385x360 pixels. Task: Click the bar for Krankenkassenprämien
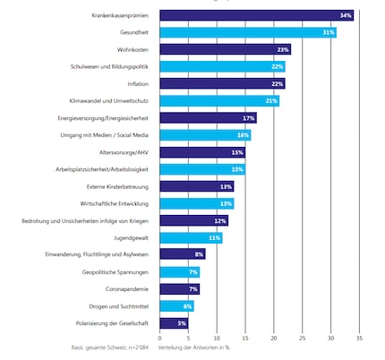coord(256,16)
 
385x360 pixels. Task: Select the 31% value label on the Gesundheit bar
coord(329,32)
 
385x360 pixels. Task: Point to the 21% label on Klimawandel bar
coord(272,100)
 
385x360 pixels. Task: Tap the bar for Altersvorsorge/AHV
coord(202,152)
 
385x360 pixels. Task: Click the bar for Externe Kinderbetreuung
coord(196,186)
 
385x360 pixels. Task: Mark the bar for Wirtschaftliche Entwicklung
coord(196,203)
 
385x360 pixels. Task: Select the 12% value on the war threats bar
coord(220,220)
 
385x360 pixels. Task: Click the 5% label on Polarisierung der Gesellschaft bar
coord(182,322)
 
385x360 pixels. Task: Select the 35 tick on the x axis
coord(359,339)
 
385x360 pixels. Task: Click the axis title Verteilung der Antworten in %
coord(199,347)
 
